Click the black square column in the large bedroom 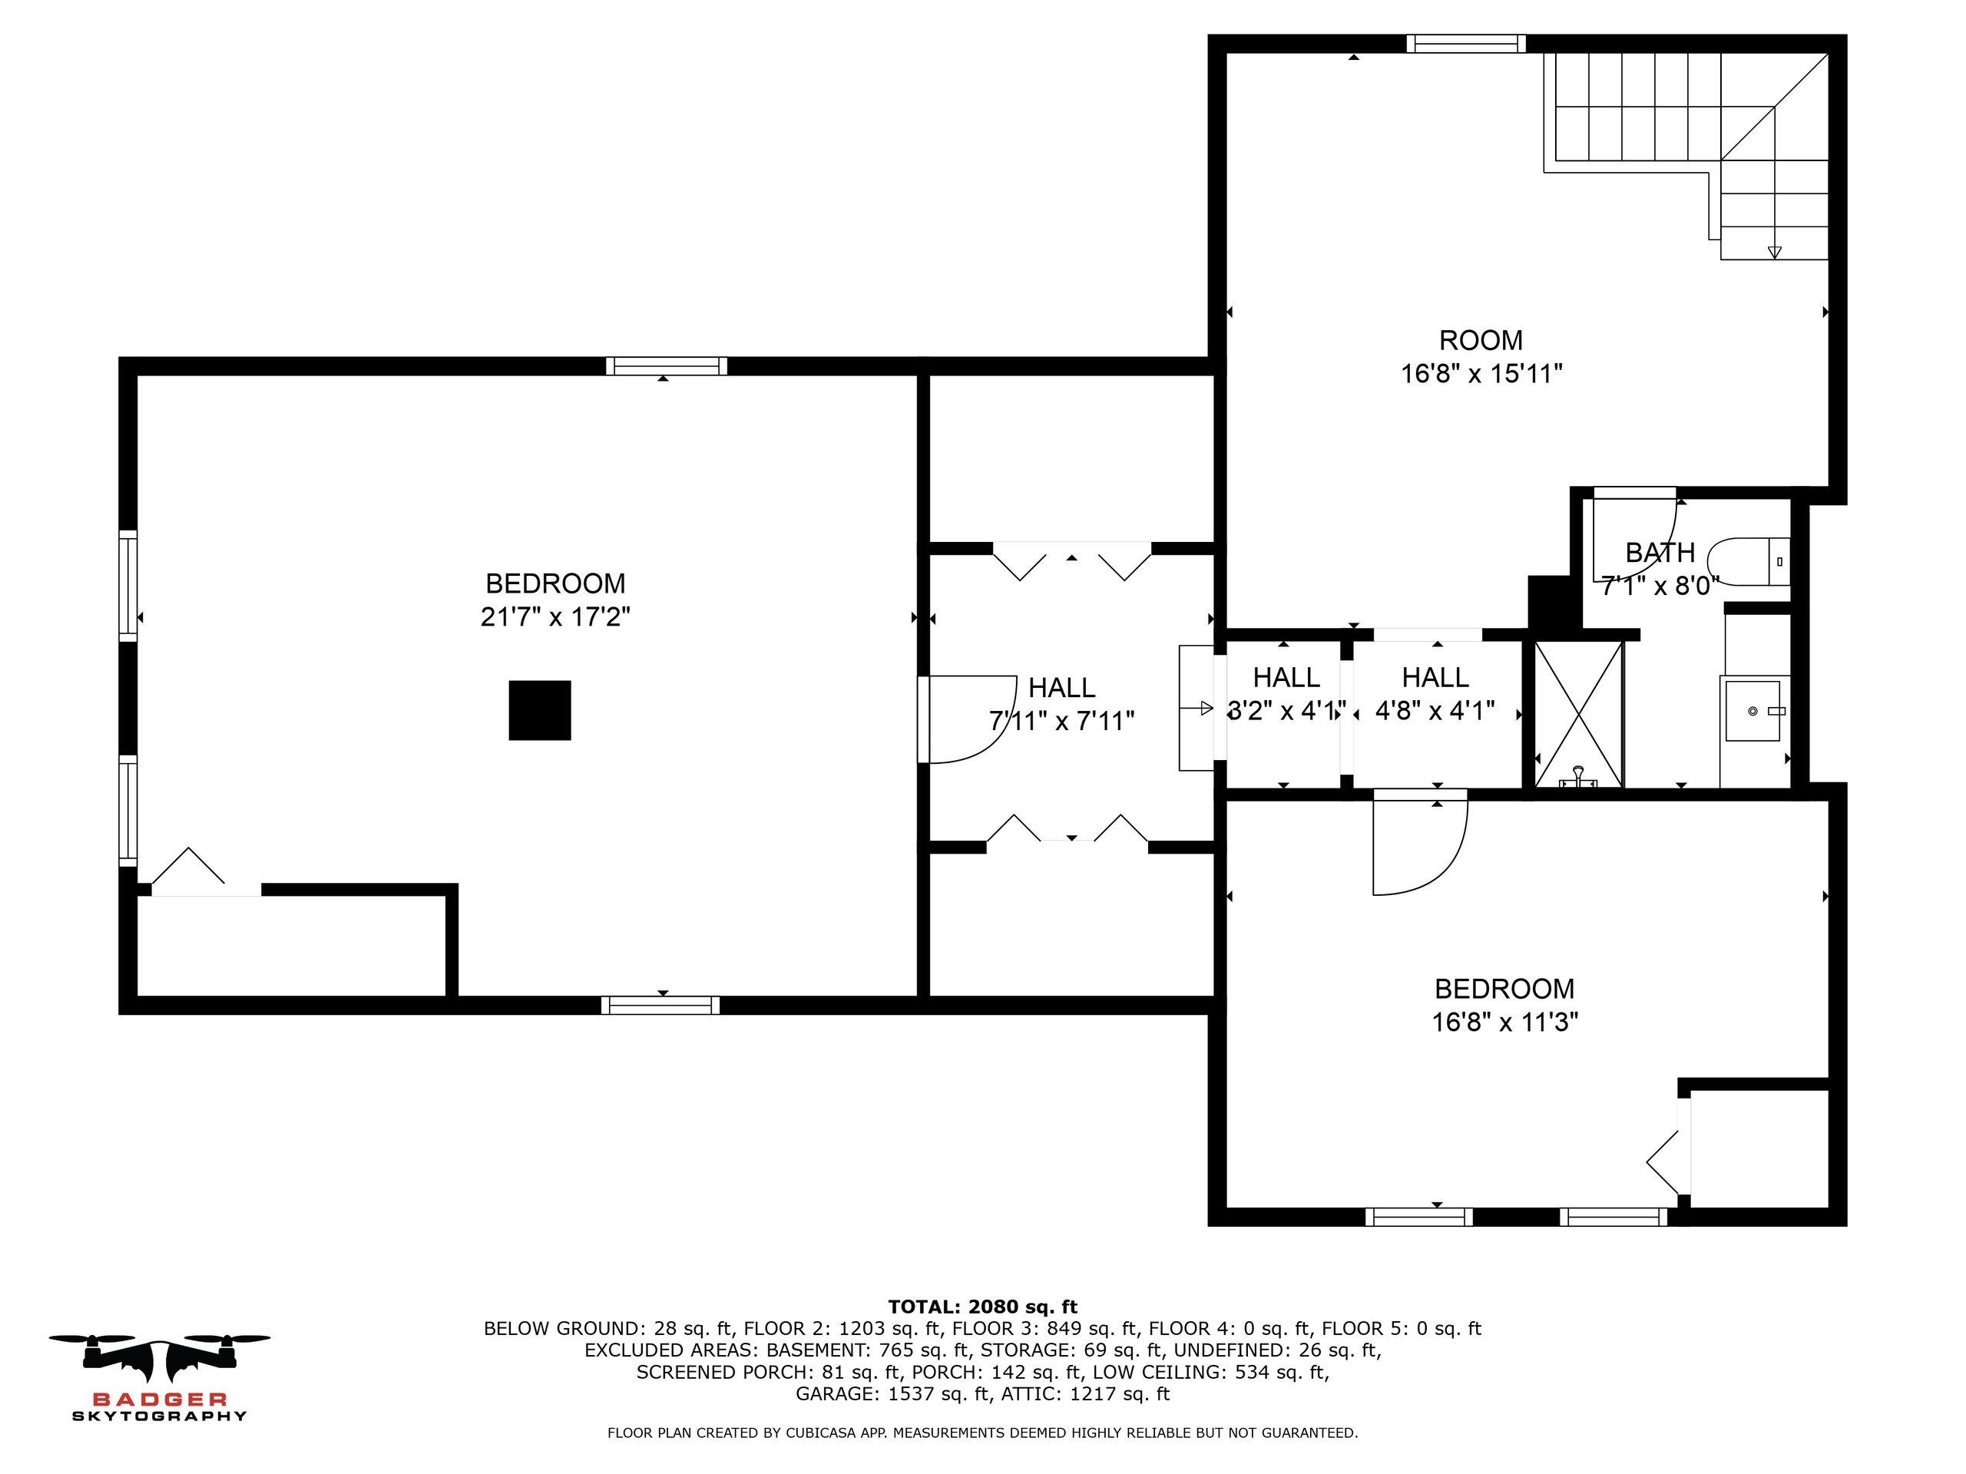coord(539,710)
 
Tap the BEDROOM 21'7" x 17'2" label coord(554,600)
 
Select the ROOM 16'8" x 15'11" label coord(1481,356)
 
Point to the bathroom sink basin coord(1753,711)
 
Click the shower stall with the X coord(1578,714)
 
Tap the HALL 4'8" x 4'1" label coord(1435,694)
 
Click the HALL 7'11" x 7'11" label coord(1061,704)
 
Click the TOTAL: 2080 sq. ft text coord(982,1306)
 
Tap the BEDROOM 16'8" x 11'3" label coord(1504,1005)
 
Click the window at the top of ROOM coord(1465,44)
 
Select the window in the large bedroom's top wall coord(666,366)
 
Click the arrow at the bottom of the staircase coord(1774,253)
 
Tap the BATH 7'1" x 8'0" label coord(1660,569)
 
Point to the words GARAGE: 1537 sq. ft coord(892,1393)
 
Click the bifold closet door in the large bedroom coord(188,868)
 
